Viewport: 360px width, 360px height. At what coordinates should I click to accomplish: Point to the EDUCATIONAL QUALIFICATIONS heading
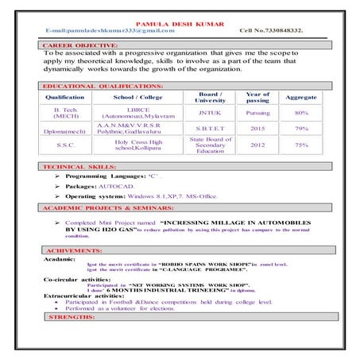pyautogui.click(x=103, y=85)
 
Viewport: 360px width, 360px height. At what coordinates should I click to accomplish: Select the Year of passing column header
pyautogui.click(x=257, y=97)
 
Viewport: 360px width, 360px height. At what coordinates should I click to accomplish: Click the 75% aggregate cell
pyautogui.click(x=301, y=145)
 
